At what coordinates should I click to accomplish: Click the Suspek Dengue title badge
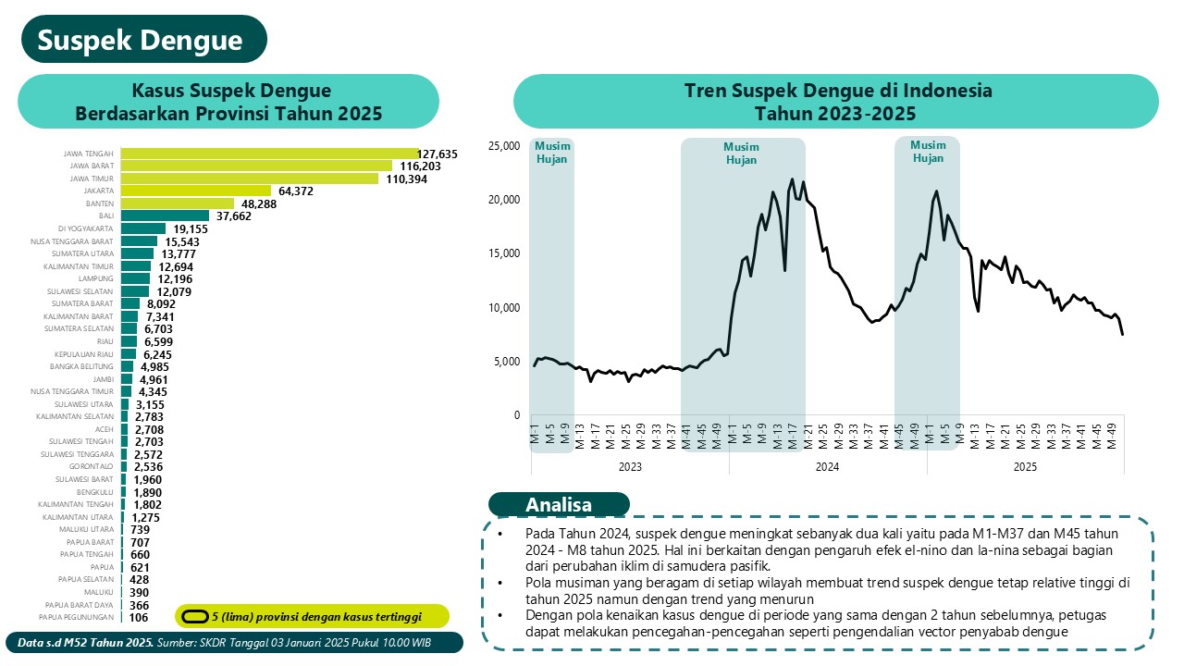tap(141, 40)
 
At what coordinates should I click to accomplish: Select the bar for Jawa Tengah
tap(268, 154)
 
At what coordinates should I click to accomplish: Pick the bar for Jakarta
tap(195, 191)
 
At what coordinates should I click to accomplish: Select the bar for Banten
tap(177, 203)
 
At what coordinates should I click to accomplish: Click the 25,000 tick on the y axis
tap(504, 146)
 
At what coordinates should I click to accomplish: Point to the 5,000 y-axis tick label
tap(507, 362)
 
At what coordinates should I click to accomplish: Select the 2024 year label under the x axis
tap(827, 468)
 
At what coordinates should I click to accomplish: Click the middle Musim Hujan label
tap(741, 154)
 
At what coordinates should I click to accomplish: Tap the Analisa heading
tap(559, 505)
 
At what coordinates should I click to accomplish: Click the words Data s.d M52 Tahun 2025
tap(86, 643)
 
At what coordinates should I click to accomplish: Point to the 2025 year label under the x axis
tap(1025, 468)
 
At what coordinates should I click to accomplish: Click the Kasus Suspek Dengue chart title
tap(229, 102)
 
